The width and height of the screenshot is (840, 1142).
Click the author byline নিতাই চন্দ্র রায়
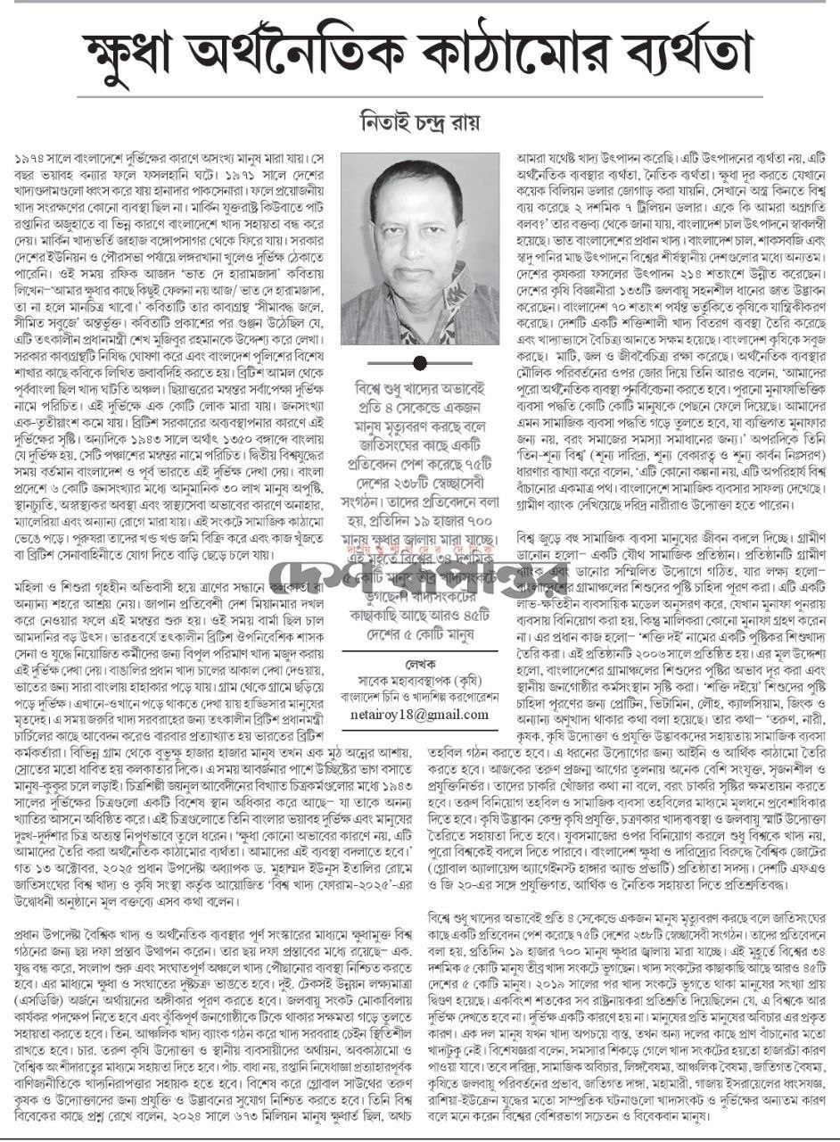(419, 119)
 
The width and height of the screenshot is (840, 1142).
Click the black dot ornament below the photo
(420, 362)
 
